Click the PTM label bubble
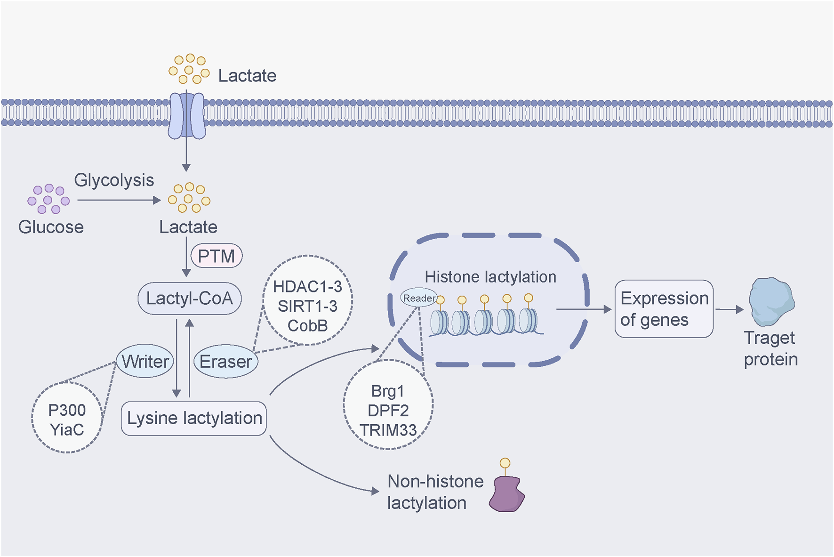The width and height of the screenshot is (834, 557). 217,256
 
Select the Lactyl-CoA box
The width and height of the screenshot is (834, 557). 189,299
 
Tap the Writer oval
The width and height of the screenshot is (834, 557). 145,361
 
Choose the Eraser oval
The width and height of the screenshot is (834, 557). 226,362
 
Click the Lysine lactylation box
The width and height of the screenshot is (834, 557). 194,418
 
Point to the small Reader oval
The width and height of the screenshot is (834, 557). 418,298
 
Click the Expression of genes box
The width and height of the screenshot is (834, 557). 664,309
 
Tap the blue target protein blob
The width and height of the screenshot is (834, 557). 771,302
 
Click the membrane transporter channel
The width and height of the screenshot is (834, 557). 187,115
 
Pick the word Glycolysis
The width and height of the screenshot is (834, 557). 114,180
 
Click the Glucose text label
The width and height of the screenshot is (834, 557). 51,227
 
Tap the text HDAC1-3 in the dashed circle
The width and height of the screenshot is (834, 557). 307,287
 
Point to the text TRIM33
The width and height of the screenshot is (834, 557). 388,430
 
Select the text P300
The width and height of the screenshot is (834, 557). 67,410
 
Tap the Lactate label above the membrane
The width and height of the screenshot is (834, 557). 247,76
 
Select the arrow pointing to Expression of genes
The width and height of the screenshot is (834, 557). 584,309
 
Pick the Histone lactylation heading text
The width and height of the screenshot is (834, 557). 490,277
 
